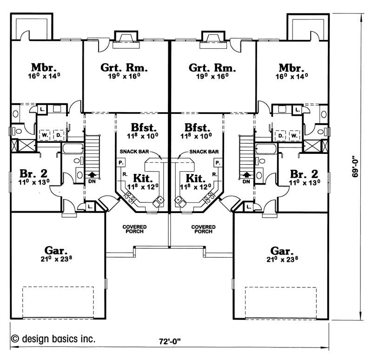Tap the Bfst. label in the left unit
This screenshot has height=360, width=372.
pos(143,127)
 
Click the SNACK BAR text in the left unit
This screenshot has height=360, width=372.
pos(134,152)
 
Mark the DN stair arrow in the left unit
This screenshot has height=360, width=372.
pos(93,176)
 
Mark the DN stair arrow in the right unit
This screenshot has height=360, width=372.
pos(246,176)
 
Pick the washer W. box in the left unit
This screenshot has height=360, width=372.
pos(45,135)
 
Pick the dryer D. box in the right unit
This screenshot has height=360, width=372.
pos(280,135)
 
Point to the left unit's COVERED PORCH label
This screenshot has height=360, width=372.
pos(135,229)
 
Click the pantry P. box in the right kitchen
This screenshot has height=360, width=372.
pos(217,162)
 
